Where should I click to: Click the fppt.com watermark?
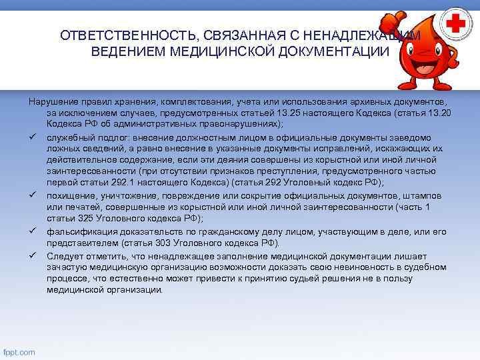(x=19, y=352)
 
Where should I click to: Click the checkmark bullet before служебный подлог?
(x=31, y=135)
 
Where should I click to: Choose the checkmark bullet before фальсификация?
(x=31, y=230)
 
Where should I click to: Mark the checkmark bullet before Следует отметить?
(x=31, y=255)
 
